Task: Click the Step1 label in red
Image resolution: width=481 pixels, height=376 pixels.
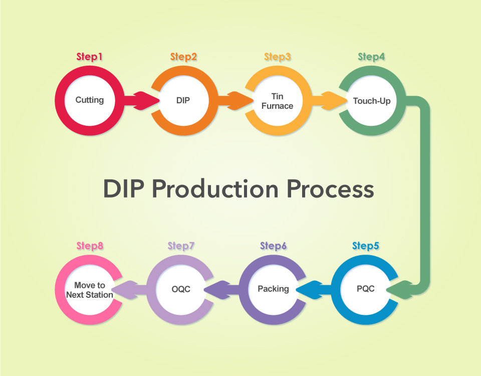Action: click(89, 57)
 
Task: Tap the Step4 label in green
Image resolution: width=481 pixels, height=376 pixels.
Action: click(371, 57)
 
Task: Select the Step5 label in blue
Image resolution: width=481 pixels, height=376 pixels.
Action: click(365, 246)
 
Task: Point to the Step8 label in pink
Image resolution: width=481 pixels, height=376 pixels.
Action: click(90, 246)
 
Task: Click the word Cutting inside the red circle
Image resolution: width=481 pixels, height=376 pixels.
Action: click(90, 100)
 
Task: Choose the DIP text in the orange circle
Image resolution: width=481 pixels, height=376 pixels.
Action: click(183, 100)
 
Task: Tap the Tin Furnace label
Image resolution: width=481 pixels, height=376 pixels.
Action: click(277, 101)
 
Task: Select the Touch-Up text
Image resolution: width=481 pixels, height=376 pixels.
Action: click(372, 101)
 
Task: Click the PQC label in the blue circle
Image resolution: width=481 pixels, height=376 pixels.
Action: click(366, 289)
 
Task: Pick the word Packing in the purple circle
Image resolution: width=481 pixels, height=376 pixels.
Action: click(274, 289)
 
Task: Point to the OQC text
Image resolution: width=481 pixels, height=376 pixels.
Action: click(181, 289)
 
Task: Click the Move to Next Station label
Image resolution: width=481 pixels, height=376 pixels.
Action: click(90, 290)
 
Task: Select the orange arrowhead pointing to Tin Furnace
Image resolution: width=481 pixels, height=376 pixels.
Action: click(240, 100)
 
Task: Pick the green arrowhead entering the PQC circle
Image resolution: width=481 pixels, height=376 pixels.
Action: click(399, 289)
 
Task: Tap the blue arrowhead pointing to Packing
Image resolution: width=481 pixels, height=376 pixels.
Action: click(309, 289)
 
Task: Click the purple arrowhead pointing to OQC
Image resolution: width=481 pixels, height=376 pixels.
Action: click(217, 289)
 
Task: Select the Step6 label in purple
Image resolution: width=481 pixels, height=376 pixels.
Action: click(274, 246)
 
